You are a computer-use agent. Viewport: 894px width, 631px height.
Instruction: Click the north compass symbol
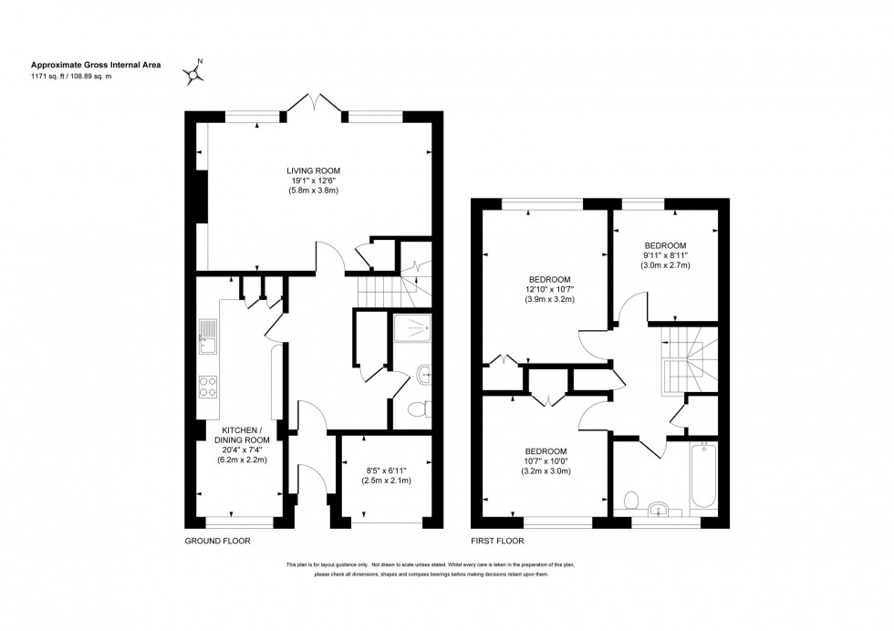[x=192, y=72]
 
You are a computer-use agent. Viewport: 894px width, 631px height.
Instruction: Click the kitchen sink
[x=208, y=336]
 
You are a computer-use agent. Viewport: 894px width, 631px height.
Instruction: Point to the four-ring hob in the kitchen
[x=208, y=387]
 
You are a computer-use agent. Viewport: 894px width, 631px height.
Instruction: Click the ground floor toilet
[x=419, y=409]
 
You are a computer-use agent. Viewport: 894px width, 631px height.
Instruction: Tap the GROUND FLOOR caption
[x=217, y=541]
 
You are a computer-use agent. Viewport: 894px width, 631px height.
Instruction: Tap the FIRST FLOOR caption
[x=497, y=541]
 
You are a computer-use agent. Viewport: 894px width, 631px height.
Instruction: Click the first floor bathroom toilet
[x=631, y=500]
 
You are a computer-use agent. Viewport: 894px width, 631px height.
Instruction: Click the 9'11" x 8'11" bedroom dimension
[x=666, y=255]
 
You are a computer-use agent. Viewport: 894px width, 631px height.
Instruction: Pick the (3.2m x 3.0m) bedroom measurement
[x=546, y=471]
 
